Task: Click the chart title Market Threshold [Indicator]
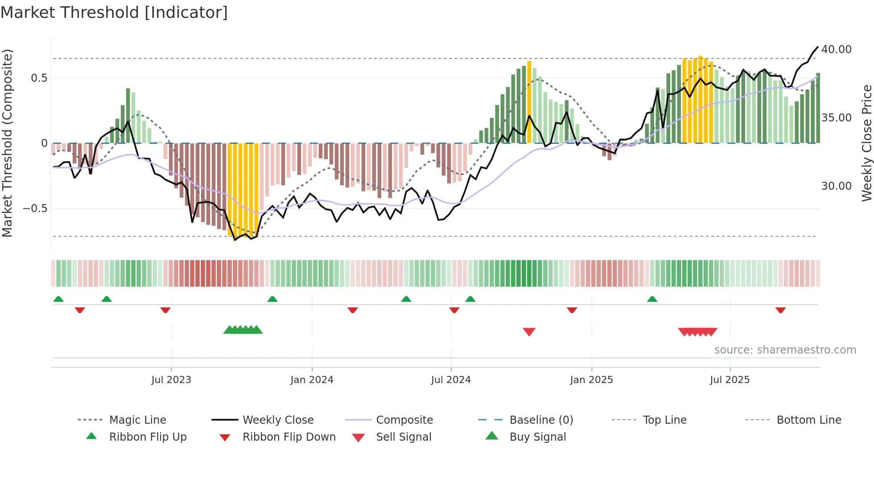tap(114, 13)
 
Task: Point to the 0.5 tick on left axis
tap(39, 78)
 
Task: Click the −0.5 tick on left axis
tap(35, 208)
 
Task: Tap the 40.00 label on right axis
tap(836, 50)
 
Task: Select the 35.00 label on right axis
tap(836, 118)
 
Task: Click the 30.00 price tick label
tap(836, 186)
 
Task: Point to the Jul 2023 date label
tap(171, 380)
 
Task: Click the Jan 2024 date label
tap(312, 380)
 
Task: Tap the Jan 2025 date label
tap(591, 380)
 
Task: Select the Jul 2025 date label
tap(730, 380)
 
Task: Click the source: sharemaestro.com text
tap(785, 350)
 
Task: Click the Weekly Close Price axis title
tap(866, 143)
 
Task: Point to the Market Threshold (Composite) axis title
tap(7, 143)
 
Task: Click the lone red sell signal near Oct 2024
tap(529, 331)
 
